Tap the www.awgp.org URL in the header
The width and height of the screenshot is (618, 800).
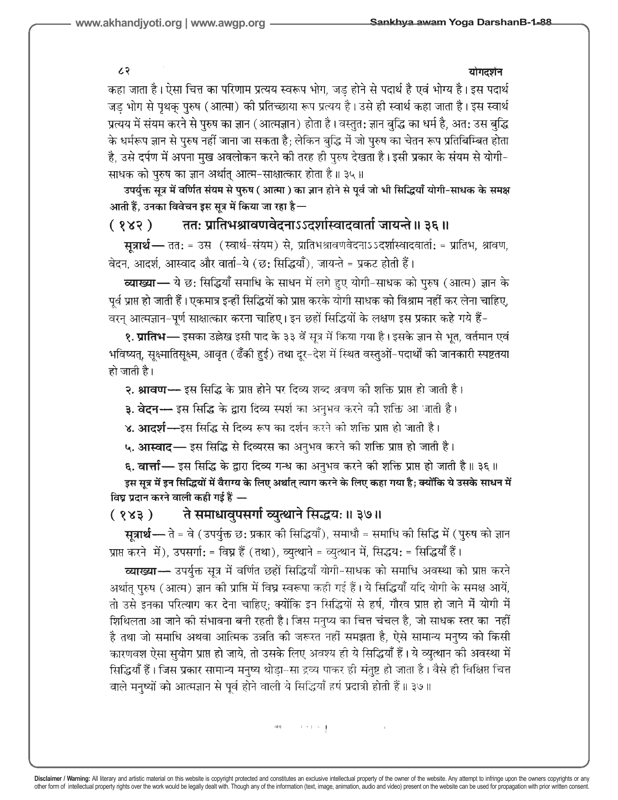tap(228, 24)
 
